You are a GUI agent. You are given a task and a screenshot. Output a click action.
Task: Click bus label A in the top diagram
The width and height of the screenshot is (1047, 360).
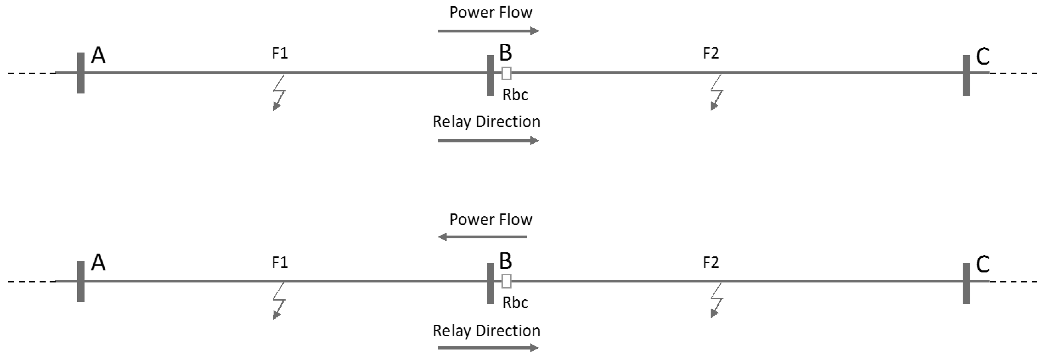tap(98, 56)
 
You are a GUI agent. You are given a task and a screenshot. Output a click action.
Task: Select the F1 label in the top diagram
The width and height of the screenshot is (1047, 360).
tap(280, 53)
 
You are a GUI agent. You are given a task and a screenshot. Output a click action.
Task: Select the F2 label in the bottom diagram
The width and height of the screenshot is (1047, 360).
tap(711, 262)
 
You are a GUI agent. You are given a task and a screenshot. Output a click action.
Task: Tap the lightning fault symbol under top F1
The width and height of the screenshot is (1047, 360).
tap(279, 93)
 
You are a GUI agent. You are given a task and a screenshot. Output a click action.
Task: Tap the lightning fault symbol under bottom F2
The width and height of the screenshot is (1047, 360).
tap(717, 301)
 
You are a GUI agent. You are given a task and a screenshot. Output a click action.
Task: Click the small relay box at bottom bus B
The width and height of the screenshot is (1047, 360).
tap(506, 281)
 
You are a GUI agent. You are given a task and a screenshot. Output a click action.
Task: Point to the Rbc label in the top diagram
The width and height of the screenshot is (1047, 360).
tap(515, 95)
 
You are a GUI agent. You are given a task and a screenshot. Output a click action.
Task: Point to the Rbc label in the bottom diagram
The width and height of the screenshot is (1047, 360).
tap(515, 303)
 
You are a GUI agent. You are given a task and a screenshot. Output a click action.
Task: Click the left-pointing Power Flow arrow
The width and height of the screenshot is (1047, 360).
tap(482, 237)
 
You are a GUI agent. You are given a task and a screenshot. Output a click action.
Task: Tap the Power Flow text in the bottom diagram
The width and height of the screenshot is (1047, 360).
tap(491, 219)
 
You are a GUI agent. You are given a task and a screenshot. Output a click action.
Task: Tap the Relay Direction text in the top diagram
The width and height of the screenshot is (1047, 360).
tap(486, 122)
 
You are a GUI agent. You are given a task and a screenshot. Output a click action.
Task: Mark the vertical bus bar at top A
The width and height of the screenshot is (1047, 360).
tap(81, 73)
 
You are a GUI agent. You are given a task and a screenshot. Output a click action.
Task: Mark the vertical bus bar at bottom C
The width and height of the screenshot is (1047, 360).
tap(966, 283)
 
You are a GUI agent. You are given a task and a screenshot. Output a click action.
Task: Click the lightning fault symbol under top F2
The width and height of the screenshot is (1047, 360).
tap(717, 93)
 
